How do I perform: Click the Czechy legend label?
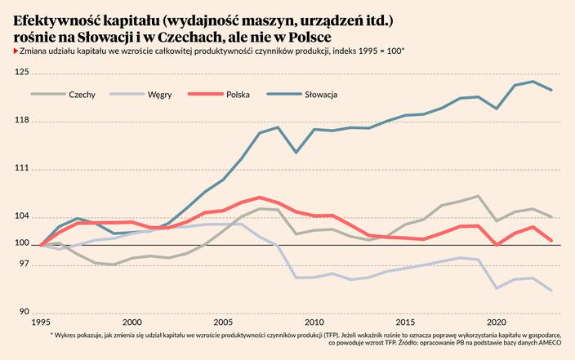82,95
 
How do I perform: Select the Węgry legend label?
159,95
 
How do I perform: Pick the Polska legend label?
238,95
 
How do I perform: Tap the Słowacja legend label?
322,95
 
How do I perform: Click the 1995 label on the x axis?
41,322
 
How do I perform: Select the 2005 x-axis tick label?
223,322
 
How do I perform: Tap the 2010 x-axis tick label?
314,322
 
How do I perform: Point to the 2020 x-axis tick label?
497,322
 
